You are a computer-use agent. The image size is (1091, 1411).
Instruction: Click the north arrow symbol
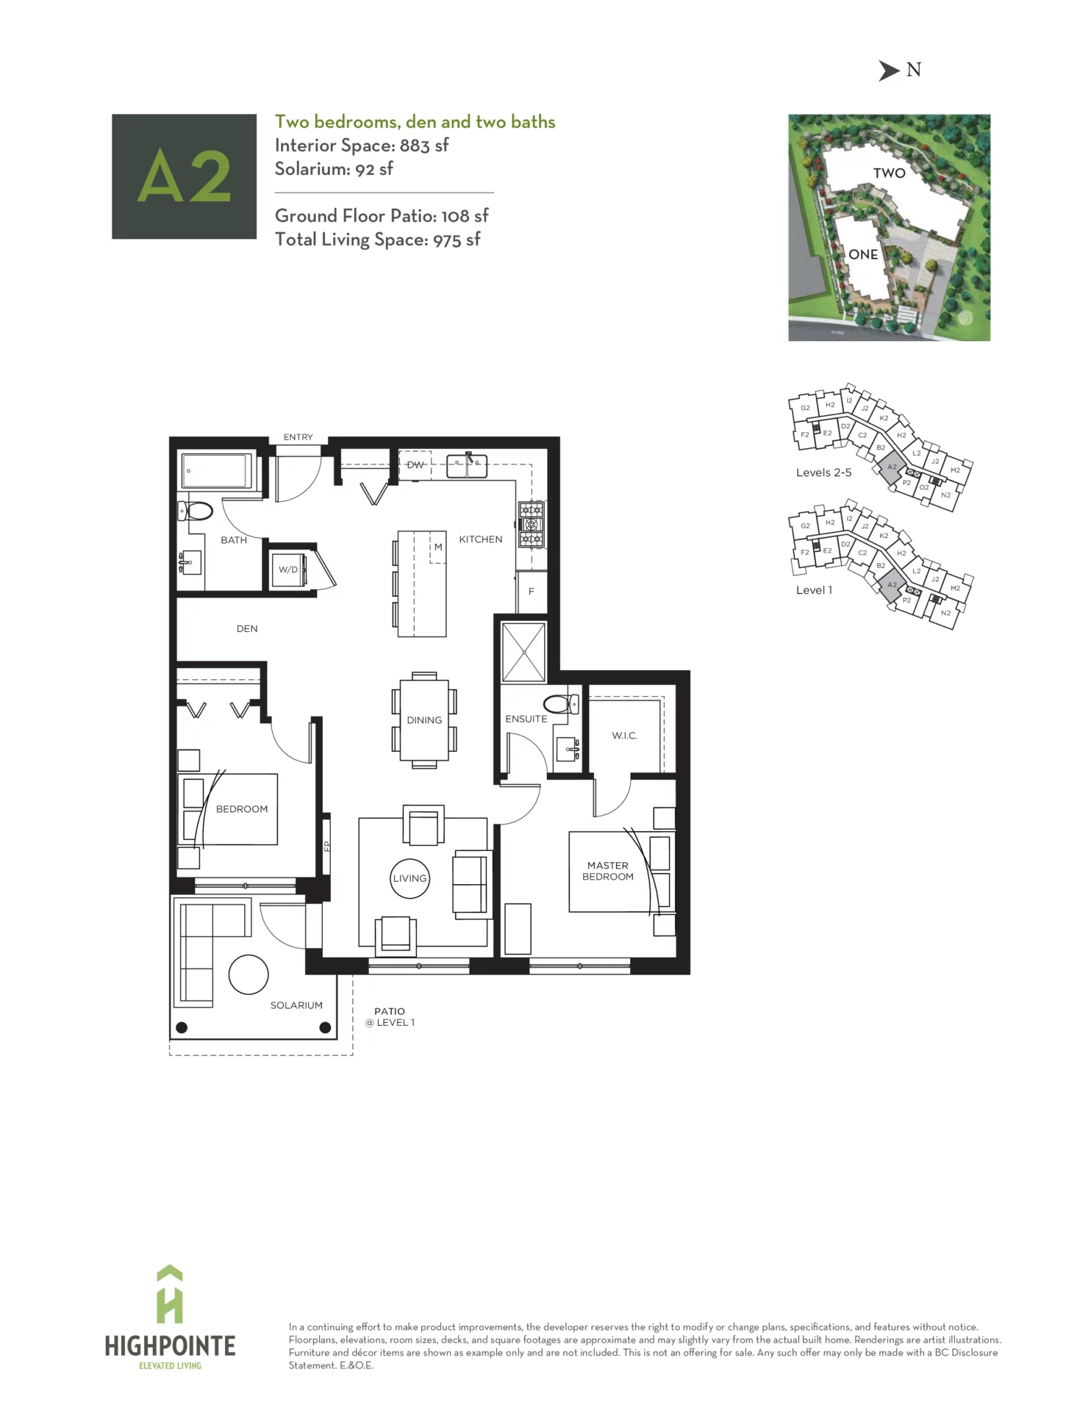pos(889,71)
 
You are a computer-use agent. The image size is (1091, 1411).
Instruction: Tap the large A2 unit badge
pos(184,176)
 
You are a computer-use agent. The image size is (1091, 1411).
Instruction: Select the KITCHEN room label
pos(480,539)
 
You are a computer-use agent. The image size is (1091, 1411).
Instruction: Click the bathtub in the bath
pos(217,471)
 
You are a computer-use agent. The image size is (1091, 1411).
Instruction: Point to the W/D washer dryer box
pos(287,570)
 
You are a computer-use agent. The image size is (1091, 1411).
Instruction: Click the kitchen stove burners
pos(531,524)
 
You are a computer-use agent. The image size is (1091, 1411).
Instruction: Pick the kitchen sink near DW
pos(467,466)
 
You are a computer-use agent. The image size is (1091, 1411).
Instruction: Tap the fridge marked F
pos(532,592)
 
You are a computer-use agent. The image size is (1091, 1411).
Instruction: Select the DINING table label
pos(424,720)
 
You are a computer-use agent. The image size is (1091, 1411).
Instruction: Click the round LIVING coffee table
pos(409,878)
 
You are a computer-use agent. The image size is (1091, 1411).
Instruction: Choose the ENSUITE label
pos(526,719)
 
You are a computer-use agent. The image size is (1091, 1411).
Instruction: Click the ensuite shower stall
pos(523,652)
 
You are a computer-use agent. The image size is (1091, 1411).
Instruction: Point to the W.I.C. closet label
pos(624,736)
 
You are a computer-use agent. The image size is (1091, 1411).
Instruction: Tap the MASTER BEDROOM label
pos(608,871)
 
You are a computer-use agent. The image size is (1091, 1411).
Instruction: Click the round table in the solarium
pos(248,974)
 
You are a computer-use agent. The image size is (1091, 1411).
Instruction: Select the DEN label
pos(247,629)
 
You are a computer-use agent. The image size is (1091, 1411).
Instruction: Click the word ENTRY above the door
pos(298,437)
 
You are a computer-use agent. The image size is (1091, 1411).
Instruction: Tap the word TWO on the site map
pos(889,173)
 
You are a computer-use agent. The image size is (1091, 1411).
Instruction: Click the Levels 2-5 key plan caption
pos(823,473)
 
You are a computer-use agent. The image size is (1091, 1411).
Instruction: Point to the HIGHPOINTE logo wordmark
pos(170,1346)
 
